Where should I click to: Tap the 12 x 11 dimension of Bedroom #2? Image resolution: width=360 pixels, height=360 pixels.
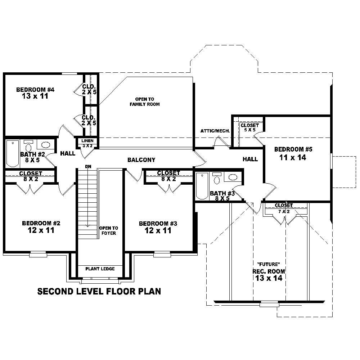[x=41, y=230]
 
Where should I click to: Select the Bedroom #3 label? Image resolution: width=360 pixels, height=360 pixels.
[x=158, y=224]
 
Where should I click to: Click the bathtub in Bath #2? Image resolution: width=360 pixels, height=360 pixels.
[x=13, y=154]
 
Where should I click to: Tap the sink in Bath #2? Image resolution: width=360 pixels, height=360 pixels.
[x=45, y=145]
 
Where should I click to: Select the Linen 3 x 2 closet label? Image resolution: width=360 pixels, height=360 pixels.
[x=87, y=143]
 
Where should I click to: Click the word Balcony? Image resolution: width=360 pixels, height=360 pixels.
[x=141, y=160]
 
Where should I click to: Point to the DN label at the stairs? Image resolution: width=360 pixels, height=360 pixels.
[x=88, y=166]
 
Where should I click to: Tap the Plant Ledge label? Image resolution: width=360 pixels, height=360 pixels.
[x=100, y=269]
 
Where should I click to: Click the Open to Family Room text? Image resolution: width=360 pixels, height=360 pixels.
[x=144, y=102]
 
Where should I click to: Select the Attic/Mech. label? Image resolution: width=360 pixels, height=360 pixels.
[x=215, y=131]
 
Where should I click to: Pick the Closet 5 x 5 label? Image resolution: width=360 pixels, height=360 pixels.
[x=249, y=127]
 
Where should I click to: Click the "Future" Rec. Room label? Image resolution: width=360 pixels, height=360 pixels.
[x=269, y=271]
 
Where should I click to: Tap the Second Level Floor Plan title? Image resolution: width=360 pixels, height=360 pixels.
[x=99, y=291]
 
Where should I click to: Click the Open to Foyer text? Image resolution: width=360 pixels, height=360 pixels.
[x=108, y=230]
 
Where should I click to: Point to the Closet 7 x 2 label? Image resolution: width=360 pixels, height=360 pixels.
[x=284, y=208]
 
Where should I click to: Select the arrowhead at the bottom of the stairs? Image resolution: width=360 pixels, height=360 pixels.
[x=87, y=225]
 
